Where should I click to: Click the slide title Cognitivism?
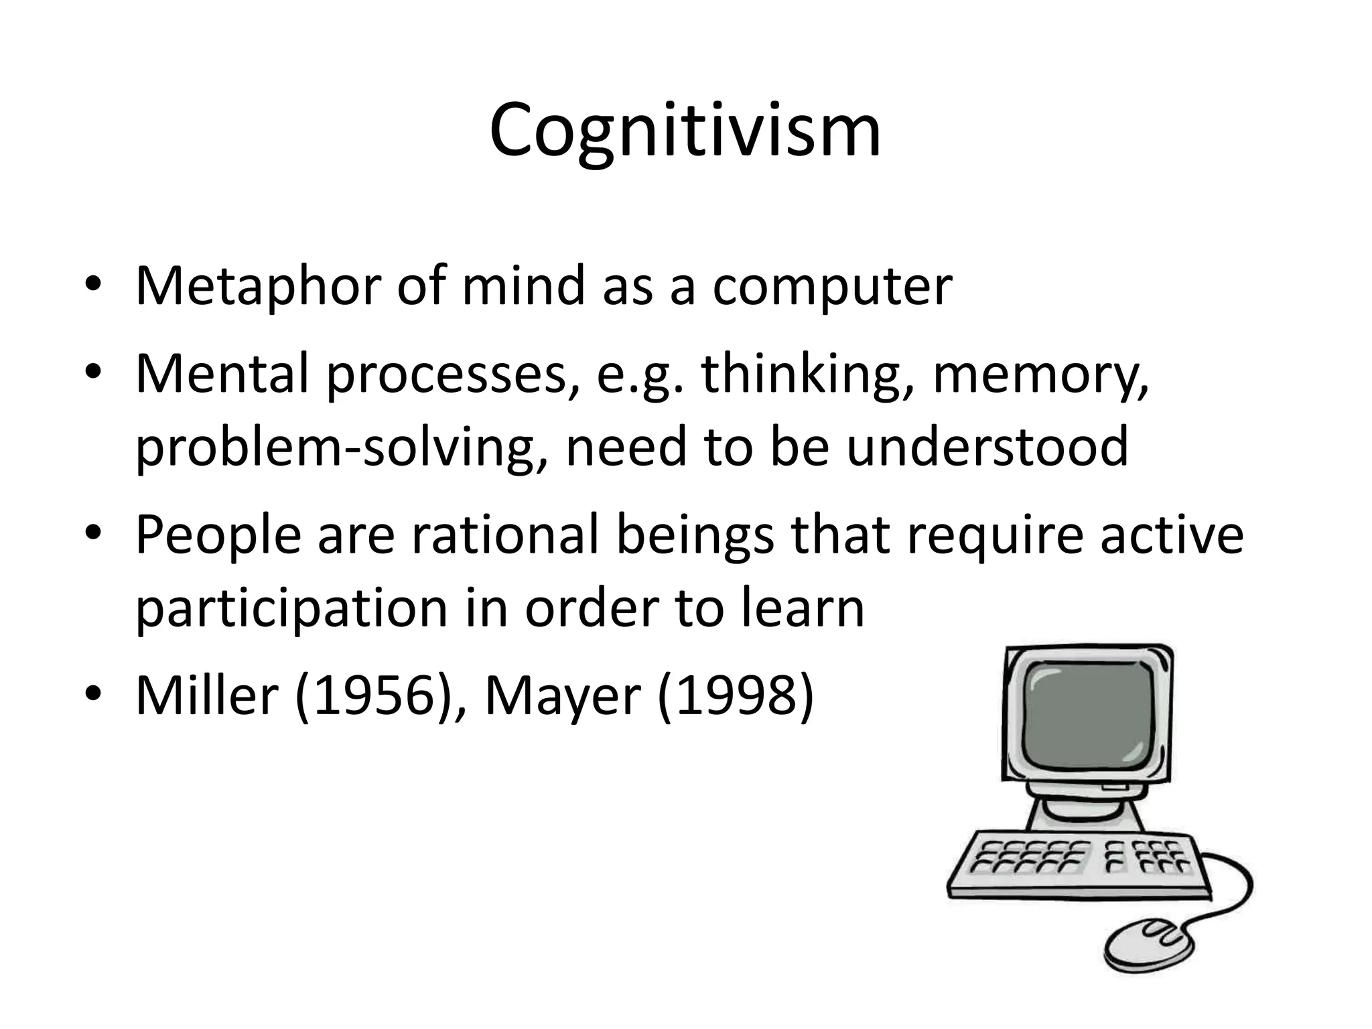pos(685,130)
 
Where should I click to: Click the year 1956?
pos(370,697)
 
